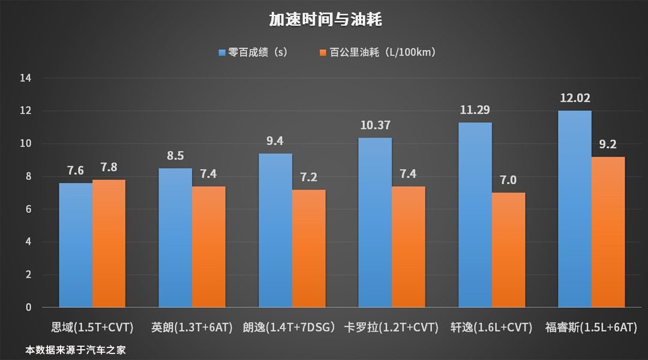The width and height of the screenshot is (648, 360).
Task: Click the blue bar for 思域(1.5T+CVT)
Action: point(76,246)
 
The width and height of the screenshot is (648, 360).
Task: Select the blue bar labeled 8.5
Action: point(175,238)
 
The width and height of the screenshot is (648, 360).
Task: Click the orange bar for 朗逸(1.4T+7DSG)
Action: point(308,249)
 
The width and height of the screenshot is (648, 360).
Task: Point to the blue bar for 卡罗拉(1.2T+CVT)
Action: point(375,223)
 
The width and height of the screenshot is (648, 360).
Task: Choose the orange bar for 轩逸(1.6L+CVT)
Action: point(508,250)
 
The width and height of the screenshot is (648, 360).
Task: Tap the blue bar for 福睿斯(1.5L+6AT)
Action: point(574,209)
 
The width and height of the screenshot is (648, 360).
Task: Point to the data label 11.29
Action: point(475,110)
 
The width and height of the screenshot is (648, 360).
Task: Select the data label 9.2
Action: point(608,145)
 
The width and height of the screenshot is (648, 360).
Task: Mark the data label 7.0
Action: point(508,180)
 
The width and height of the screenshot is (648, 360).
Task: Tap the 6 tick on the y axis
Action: point(29,209)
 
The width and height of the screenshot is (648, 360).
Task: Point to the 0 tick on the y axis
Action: point(29,308)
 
